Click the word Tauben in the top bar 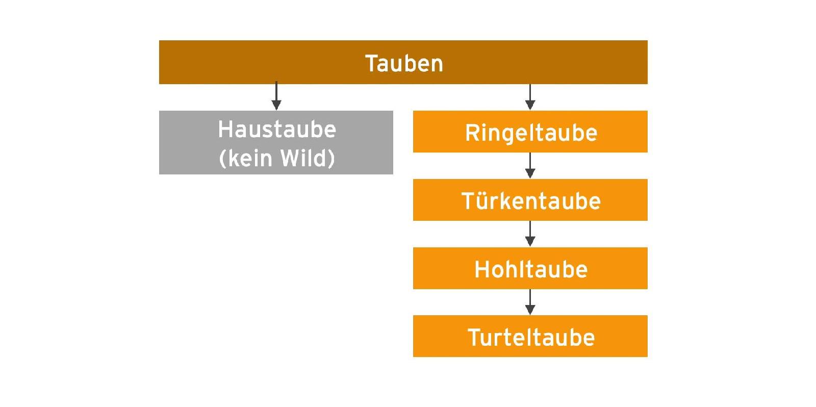(403, 63)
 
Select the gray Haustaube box (276, 142)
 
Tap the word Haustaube (277, 130)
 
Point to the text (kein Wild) (277, 158)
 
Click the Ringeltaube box (530, 132)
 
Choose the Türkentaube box (530, 199)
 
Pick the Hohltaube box (530, 268)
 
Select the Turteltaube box (530, 336)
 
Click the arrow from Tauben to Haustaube (276, 96)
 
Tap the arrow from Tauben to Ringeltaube (530, 97)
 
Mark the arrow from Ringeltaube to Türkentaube (530, 165)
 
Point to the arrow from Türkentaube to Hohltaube (530, 234)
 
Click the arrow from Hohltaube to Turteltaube (530, 302)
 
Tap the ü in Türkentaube (481, 201)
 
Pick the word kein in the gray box (250, 158)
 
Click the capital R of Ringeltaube (472, 132)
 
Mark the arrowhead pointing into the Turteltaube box (530, 310)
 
